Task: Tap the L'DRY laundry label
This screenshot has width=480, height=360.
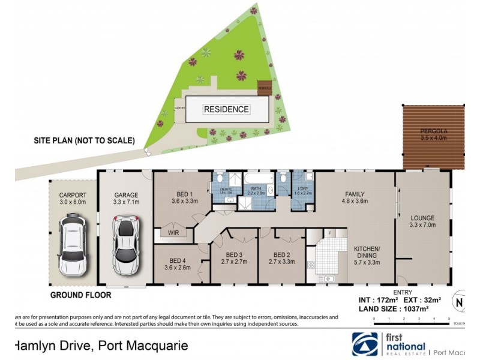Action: tap(300, 190)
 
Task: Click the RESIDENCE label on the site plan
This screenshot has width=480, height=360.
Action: tap(226, 109)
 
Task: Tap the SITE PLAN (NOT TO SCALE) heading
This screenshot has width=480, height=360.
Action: tap(84, 141)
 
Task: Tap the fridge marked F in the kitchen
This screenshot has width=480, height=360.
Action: tap(329, 233)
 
